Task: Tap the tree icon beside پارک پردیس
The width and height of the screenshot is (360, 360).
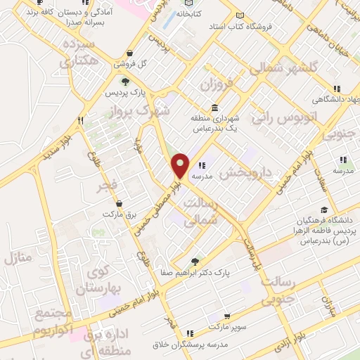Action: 124,82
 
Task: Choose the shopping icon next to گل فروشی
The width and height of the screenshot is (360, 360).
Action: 129,53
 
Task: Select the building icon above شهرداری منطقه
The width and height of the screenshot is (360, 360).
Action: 214,107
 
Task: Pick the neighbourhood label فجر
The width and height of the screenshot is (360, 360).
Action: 112,184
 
